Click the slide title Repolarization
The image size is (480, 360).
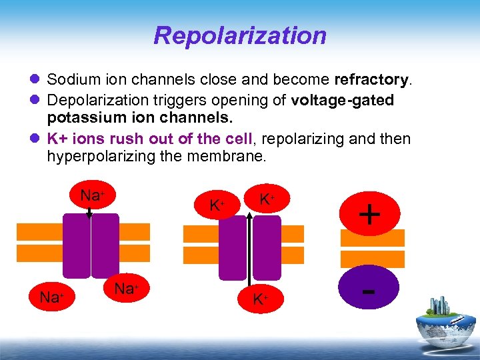(240, 35)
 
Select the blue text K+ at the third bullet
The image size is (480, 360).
(59, 138)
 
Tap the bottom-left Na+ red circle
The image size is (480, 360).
(50, 297)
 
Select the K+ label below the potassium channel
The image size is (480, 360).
(261, 299)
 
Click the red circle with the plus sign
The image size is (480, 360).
(369, 214)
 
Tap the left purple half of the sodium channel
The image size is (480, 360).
(76, 245)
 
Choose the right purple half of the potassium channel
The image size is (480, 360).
(267, 247)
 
